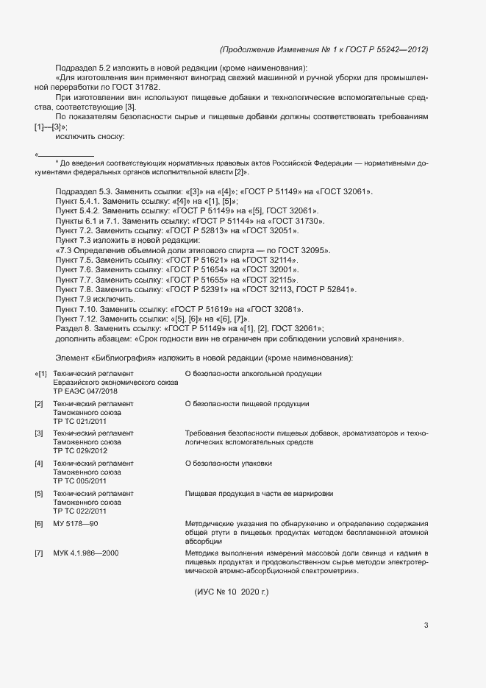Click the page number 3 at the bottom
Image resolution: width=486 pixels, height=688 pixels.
tap(426, 625)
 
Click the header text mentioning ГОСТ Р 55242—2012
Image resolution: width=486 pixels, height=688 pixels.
tap(324, 49)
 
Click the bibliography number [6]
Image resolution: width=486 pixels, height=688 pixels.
tap(39, 522)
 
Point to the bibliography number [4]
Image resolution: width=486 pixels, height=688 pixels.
tap(39, 463)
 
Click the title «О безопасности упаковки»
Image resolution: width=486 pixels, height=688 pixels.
tap(229, 463)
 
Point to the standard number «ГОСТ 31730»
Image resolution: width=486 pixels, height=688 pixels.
tap(299, 221)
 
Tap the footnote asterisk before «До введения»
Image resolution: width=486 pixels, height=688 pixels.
tap(57, 162)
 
